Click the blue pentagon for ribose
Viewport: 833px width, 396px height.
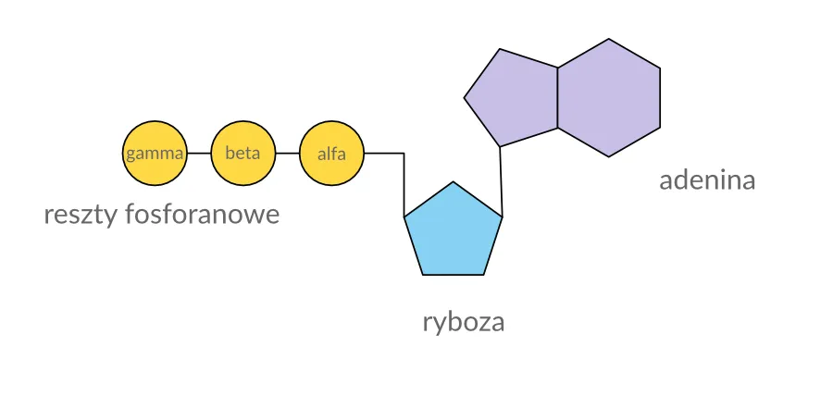point(454,233)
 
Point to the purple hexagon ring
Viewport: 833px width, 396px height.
point(608,97)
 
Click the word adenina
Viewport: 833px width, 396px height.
point(707,179)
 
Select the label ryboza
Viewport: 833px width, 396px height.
point(464,323)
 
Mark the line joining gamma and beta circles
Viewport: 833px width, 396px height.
point(199,153)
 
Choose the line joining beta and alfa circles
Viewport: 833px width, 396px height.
point(288,153)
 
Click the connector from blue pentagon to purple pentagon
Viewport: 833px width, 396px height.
point(501,181)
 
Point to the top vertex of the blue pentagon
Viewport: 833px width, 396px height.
point(454,182)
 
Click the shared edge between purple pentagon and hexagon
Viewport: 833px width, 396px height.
point(557,97)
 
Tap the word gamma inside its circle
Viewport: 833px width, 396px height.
point(155,154)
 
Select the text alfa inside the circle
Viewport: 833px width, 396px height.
point(332,154)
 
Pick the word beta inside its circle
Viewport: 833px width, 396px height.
point(243,153)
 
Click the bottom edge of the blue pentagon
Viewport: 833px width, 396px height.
point(454,274)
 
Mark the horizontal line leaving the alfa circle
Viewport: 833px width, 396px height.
point(384,153)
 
